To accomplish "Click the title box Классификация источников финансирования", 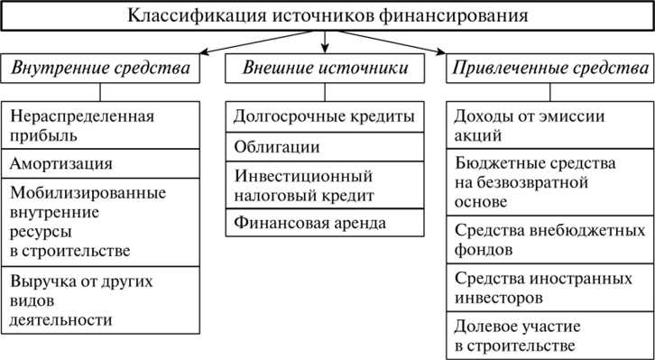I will point(327,16).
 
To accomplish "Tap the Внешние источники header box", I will point(325,69).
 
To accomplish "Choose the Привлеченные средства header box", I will point(549,69).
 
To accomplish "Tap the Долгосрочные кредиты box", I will point(325,116).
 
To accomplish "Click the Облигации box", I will point(325,146).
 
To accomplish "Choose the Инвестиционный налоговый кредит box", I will point(325,184).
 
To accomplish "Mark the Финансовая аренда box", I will point(325,222).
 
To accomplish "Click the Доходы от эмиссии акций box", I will point(549,125).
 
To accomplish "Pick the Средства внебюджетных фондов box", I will point(549,239).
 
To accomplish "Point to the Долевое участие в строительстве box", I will point(549,334).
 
